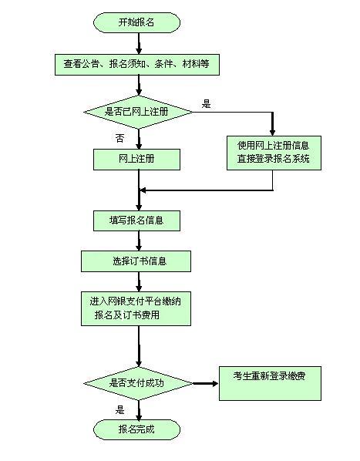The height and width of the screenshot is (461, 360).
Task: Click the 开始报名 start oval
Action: point(136,22)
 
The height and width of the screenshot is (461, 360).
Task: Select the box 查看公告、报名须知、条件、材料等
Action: point(137,64)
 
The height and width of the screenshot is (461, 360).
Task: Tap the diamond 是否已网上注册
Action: point(138,112)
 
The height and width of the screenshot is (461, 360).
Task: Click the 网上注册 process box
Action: point(136,160)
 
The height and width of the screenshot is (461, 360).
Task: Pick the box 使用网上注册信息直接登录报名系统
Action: point(274,153)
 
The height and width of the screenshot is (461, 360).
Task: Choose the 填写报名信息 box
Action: point(136,220)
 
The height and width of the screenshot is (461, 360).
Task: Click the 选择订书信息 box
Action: point(136,261)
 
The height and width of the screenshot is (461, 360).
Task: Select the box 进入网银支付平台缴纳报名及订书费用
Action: point(136,308)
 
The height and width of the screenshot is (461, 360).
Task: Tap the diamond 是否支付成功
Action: point(138,383)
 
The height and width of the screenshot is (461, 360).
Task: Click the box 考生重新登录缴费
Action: point(270,383)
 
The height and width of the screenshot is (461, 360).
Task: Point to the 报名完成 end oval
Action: point(136,429)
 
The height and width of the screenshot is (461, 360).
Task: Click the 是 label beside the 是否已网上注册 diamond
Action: point(207,104)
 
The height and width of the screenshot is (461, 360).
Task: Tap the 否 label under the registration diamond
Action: point(119,138)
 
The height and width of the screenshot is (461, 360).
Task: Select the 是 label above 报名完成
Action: point(119,410)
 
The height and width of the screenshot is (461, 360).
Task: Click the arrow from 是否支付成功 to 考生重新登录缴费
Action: point(205,383)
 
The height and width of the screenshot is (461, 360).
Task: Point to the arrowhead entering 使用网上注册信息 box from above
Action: point(272,132)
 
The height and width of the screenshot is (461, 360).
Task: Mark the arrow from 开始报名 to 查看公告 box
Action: point(139,43)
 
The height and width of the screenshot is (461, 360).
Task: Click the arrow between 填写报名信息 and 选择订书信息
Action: point(139,241)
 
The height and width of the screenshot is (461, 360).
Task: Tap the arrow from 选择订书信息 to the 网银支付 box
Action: point(139,281)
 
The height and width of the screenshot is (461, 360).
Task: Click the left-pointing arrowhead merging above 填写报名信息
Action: point(143,190)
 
